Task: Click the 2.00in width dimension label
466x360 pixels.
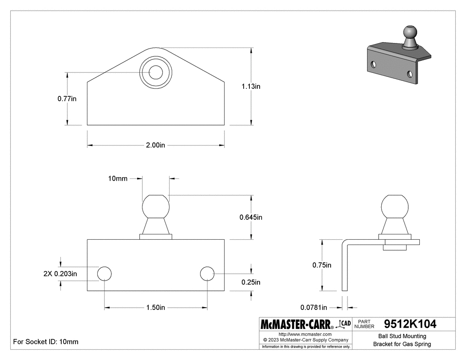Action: [155, 145]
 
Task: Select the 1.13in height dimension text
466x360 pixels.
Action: [251, 86]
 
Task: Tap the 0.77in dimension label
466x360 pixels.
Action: [67, 99]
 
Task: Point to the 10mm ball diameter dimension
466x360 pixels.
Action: [118, 178]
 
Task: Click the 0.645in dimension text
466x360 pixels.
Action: [251, 218]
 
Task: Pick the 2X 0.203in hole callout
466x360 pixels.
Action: [60, 273]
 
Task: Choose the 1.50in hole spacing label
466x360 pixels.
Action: [155, 307]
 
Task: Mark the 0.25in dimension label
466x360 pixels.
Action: [251, 282]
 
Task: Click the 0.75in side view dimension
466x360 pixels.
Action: [322, 265]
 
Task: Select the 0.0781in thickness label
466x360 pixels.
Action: [313, 307]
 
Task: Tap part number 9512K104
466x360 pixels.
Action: [410, 324]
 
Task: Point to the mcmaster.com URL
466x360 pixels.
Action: [305, 334]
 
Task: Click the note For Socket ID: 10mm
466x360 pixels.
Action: [46, 341]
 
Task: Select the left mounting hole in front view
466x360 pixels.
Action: [105, 273]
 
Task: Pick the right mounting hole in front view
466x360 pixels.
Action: [207, 273]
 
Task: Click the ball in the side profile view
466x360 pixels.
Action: [395, 207]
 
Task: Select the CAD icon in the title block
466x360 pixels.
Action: [343, 324]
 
